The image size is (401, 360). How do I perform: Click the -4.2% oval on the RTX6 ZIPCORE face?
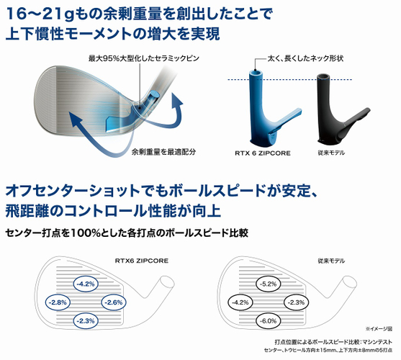point(86,284)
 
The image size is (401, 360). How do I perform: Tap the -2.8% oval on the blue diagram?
point(58,302)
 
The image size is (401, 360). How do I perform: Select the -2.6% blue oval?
point(114,302)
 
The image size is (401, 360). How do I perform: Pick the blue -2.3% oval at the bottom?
point(86,320)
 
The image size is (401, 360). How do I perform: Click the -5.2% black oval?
point(269,284)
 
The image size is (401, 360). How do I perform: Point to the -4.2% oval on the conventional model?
point(240,302)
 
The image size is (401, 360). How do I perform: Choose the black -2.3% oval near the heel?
point(297,302)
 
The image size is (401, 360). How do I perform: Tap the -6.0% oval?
point(269,320)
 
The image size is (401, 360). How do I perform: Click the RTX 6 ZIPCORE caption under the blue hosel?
point(263,153)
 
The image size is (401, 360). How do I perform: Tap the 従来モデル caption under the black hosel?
point(331,153)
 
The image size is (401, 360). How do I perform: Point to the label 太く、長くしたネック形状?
point(305,58)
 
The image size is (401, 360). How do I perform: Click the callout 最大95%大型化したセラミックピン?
point(144,58)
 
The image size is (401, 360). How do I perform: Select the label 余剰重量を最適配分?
point(163,152)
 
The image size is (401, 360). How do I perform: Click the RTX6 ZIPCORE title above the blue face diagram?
point(142,261)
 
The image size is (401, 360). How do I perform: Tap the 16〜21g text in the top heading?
point(40,14)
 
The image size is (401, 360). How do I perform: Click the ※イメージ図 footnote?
point(379,329)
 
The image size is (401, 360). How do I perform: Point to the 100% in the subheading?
point(86,233)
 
